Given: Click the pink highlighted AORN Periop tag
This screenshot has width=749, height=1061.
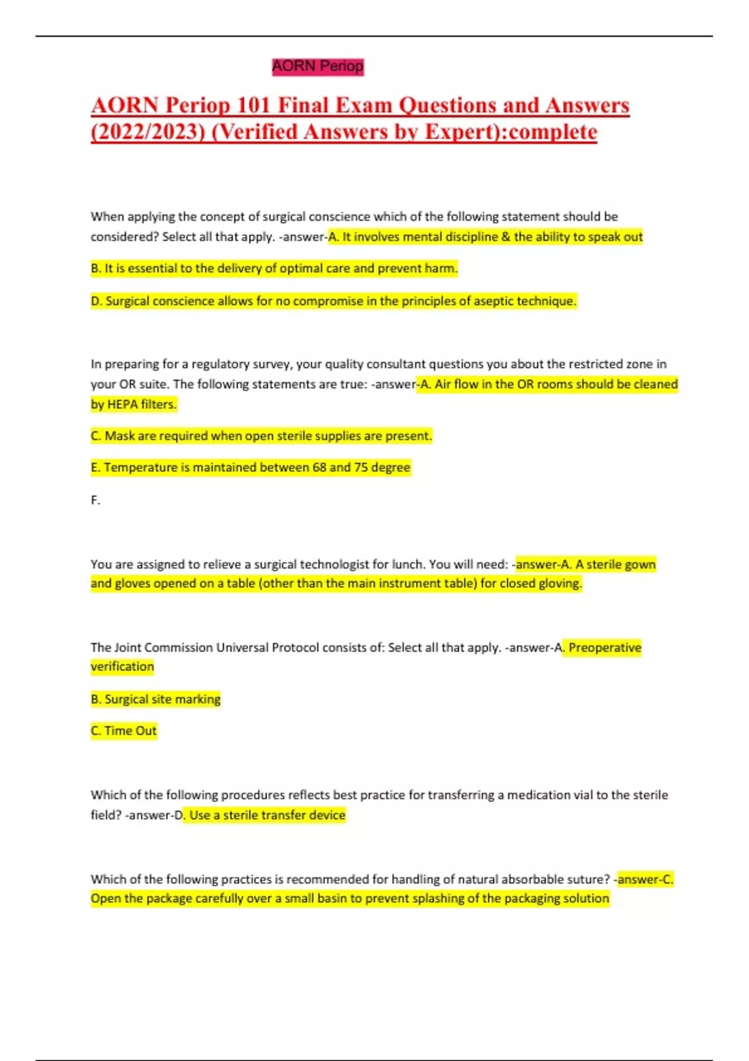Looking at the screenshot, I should [318, 66].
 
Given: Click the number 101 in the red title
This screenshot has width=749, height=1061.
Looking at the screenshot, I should [253, 105].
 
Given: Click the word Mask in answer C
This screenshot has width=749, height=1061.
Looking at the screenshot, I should [120, 436].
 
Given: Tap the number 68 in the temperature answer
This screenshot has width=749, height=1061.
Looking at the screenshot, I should [318, 467].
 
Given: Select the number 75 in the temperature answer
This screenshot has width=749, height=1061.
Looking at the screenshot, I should [361, 467].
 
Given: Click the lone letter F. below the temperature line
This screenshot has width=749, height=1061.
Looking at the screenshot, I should [95, 500].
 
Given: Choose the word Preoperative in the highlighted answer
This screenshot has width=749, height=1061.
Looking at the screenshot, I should [605, 647].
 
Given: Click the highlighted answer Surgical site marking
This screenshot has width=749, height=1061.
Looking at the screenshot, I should [156, 699].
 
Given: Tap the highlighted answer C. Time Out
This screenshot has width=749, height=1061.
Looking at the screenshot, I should [124, 730].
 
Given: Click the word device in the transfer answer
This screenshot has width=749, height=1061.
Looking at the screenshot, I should [327, 815].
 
